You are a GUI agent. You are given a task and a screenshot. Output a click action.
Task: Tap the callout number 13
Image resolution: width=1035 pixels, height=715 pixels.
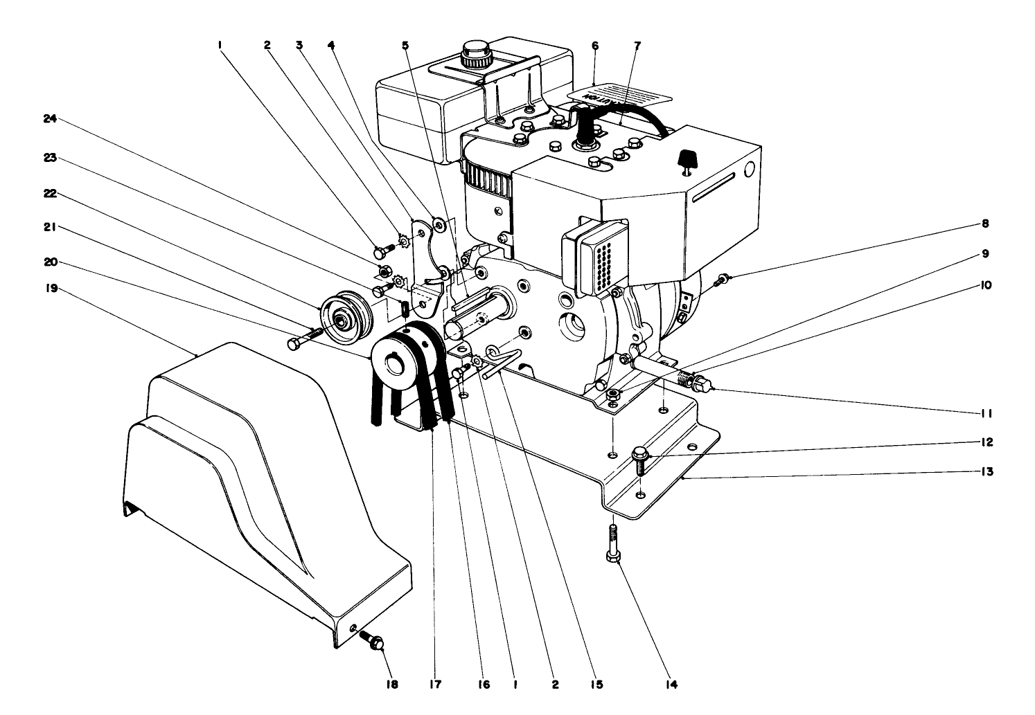pos(987,472)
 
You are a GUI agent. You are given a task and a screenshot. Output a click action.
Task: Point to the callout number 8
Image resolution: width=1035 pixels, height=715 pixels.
pos(984,224)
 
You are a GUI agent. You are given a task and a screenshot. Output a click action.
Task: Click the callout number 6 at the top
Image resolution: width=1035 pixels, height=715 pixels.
pos(594,46)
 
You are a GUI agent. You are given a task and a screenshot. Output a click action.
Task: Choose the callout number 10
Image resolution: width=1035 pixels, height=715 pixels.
pos(986,284)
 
